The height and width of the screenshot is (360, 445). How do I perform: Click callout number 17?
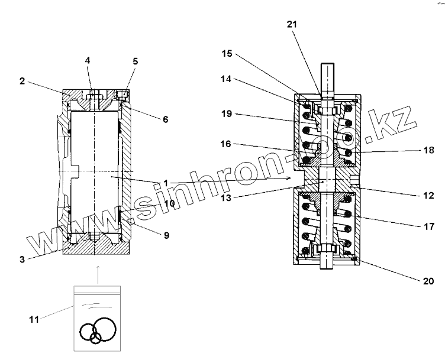pyautogui.click(x=428, y=225)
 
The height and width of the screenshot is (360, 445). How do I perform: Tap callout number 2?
pyautogui.click(x=22, y=81)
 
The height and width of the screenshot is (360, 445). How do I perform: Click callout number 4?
pyautogui.click(x=88, y=60)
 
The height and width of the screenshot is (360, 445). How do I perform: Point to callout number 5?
pyautogui.click(x=136, y=61)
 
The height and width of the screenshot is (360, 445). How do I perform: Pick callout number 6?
pyautogui.click(x=165, y=119)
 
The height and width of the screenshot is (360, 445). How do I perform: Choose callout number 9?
pyautogui.click(x=166, y=235)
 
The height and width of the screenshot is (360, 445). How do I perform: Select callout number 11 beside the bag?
pyautogui.click(x=34, y=320)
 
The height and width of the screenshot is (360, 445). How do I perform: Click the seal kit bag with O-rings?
pyautogui.click(x=97, y=317)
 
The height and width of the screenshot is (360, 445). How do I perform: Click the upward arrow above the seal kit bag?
pyautogui.click(x=97, y=273)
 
